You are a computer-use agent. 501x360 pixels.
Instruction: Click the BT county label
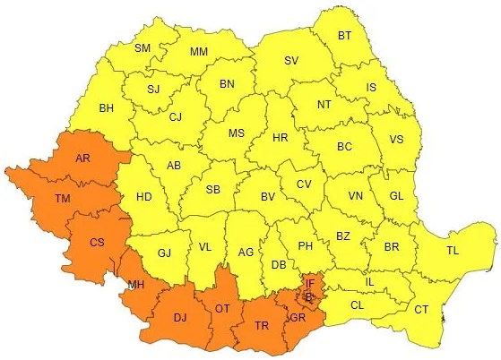click(x=344, y=36)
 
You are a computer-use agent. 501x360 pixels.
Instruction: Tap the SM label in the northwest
click(x=143, y=47)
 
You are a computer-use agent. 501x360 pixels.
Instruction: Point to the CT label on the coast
click(x=420, y=310)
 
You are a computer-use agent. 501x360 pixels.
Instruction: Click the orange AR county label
click(x=82, y=159)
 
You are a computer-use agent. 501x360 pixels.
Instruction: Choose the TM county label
click(x=62, y=199)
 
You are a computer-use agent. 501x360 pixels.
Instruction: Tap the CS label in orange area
click(x=97, y=242)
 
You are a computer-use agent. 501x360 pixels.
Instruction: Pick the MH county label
click(x=136, y=286)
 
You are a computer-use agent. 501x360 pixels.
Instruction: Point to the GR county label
click(x=297, y=317)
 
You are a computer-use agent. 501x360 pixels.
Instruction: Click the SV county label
click(x=290, y=61)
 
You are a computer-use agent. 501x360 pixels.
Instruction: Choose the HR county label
click(x=280, y=139)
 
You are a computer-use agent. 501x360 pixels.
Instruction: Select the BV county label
click(x=266, y=196)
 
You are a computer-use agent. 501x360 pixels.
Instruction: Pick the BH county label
click(x=107, y=108)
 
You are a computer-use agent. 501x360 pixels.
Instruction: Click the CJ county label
click(x=175, y=116)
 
